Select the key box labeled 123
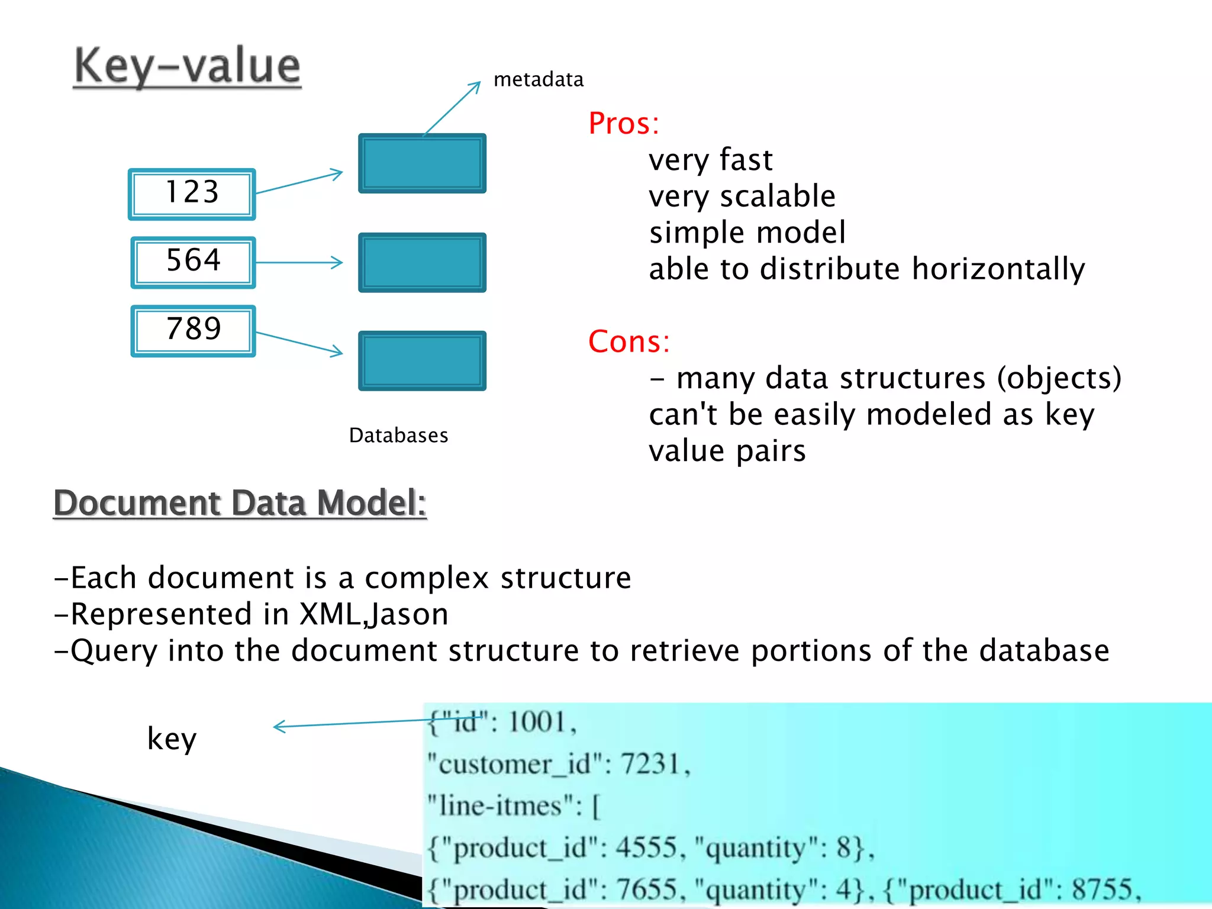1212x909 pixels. click(192, 194)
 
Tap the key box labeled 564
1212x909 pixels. click(193, 262)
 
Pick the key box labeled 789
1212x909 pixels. click(193, 330)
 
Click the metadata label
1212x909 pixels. click(538, 79)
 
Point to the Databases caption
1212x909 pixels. click(398, 436)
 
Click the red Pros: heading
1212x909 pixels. click(623, 124)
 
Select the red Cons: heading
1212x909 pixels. click(628, 341)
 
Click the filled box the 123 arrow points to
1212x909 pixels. click(422, 163)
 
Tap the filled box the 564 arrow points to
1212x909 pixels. click(422, 262)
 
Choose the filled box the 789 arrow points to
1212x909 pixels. click(422, 360)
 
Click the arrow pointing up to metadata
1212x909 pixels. click(452, 108)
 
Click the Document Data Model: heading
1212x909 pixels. click(240, 503)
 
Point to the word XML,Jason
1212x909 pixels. click(374, 614)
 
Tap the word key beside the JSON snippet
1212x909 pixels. click(172, 739)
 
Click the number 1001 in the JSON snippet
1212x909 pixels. click(537, 722)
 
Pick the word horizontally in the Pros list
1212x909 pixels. click(998, 269)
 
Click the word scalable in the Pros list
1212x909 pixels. click(778, 196)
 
